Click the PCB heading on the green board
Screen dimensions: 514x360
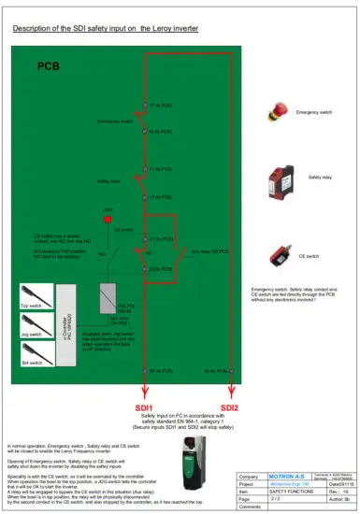(x=48, y=67)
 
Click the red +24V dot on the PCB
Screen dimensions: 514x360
(x=108, y=220)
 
